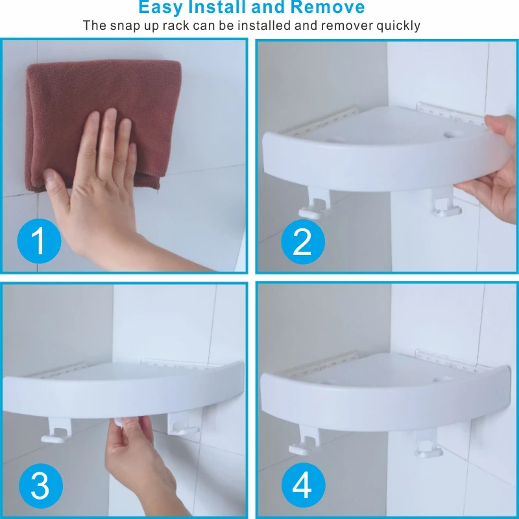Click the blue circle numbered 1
tap(39, 241)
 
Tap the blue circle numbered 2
tap(303, 241)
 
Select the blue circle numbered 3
tap(41, 485)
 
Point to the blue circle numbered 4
tap(303, 485)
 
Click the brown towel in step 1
tap(103, 123)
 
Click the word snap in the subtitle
tap(123, 26)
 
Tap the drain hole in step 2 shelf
tap(449, 135)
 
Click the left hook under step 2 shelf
tap(314, 205)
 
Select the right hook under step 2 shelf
tap(445, 202)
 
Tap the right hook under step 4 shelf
tap(428, 444)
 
